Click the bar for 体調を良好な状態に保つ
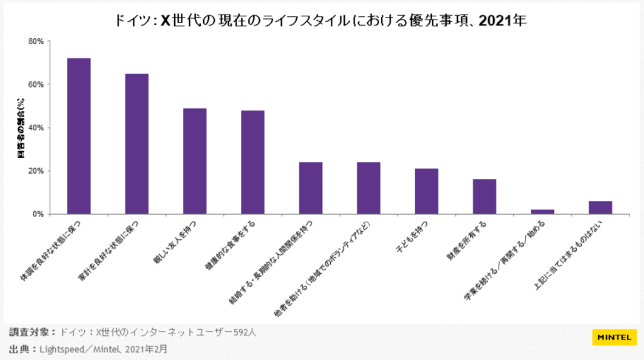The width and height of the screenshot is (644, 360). [79, 136]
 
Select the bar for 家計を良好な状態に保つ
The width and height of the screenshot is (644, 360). [137, 143]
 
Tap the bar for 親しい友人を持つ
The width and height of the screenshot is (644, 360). [195, 161]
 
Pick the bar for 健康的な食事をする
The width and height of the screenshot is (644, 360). [253, 162]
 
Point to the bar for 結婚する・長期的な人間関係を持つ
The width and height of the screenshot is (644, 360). [311, 188]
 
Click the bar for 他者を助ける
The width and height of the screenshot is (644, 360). [369, 188]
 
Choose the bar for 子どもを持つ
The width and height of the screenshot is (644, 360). [426, 191]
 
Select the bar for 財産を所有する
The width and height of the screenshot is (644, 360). [484, 196]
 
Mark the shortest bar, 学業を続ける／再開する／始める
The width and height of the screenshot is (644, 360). [542, 211]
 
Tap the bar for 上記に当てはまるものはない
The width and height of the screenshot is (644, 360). [600, 208]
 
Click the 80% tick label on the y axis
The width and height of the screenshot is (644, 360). [36, 42]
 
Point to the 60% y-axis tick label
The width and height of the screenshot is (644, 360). [36, 84]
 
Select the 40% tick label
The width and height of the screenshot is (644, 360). [36, 128]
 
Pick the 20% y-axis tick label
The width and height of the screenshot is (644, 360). [36, 171]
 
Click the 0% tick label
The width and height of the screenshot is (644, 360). [38, 214]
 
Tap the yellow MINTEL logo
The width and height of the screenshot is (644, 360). [613, 337]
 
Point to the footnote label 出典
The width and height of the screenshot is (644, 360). [21, 348]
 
